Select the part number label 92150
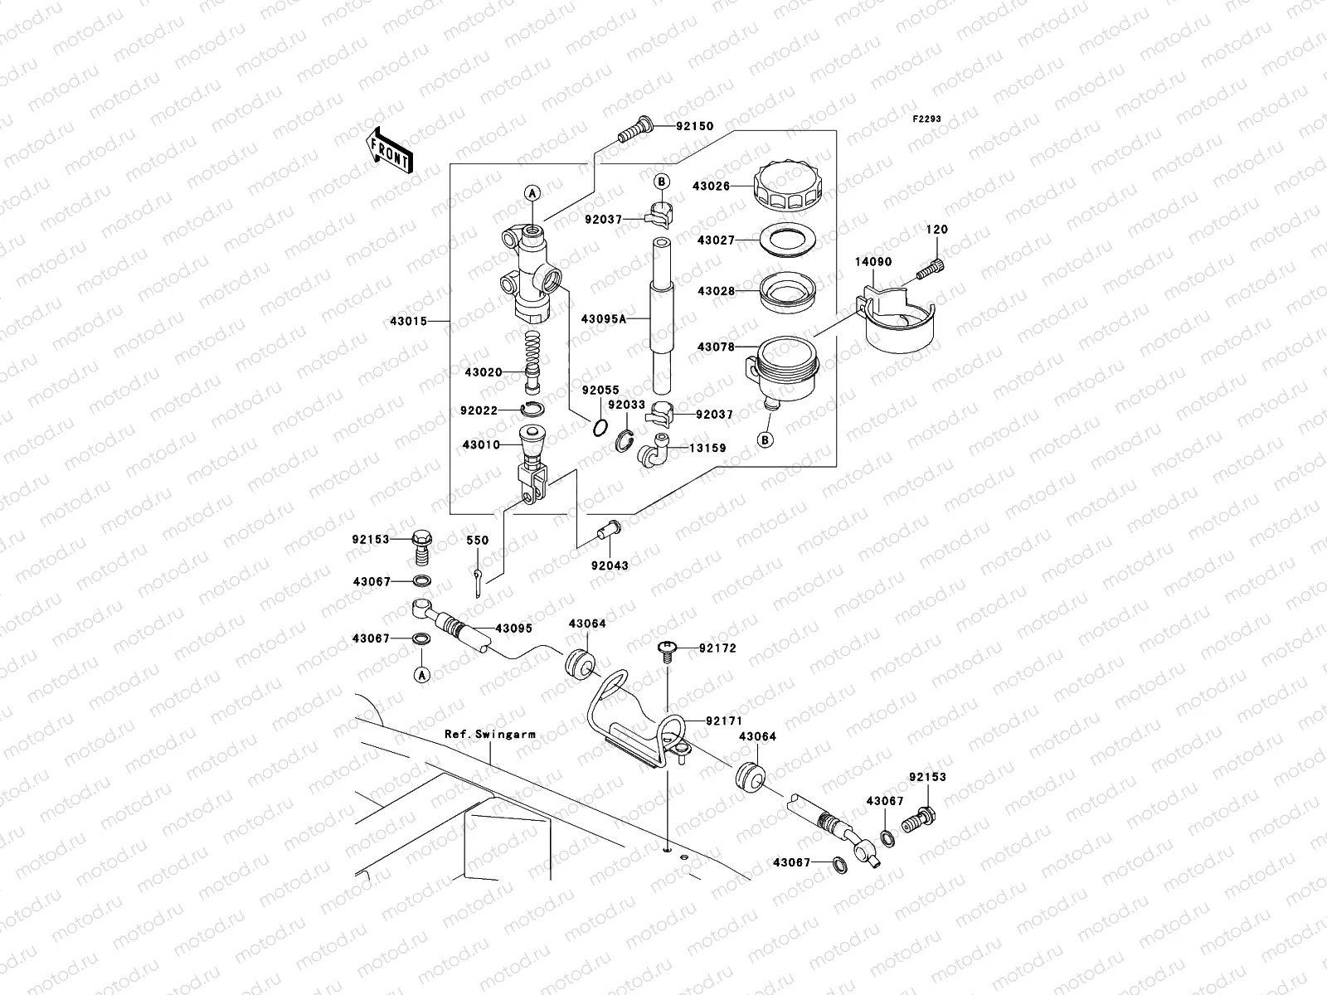(x=693, y=127)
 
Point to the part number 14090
(x=873, y=261)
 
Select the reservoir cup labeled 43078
(x=781, y=363)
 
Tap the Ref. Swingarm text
(x=489, y=734)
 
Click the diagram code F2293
(x=927, y=119)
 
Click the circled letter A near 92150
(x=532, y=192)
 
